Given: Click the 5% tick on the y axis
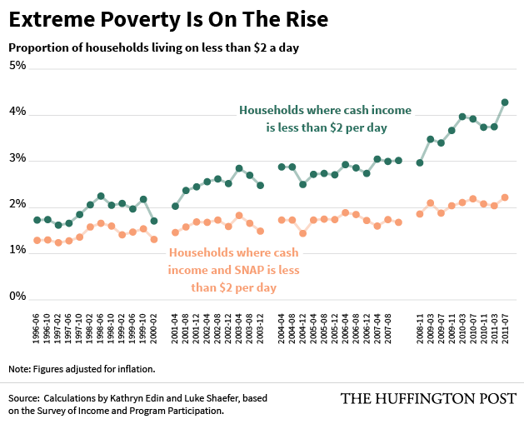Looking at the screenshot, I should click(x=17, y=67).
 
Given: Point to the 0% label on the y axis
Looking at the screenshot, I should click(x=17, y=297).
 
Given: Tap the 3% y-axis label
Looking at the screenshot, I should click(x=17, y=159).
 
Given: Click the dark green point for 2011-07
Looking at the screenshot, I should click(x=505, y=102).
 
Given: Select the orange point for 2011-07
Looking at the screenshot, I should click(x=505, y=197).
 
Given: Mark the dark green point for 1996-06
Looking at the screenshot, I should click(x=37, y=220).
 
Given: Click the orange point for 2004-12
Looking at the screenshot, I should click(x=303, y=233).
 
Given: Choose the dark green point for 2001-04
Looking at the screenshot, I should click(x=176, y=206).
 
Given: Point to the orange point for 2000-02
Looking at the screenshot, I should click(x=154, y=239).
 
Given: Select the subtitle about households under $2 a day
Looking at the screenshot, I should click(x=154, y=47).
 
